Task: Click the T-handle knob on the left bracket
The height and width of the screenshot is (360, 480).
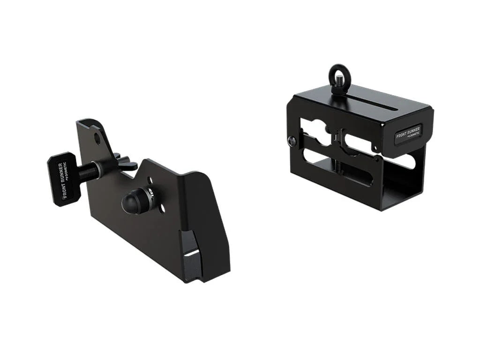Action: point(62,179)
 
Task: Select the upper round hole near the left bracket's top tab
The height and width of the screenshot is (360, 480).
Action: point(97,138)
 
